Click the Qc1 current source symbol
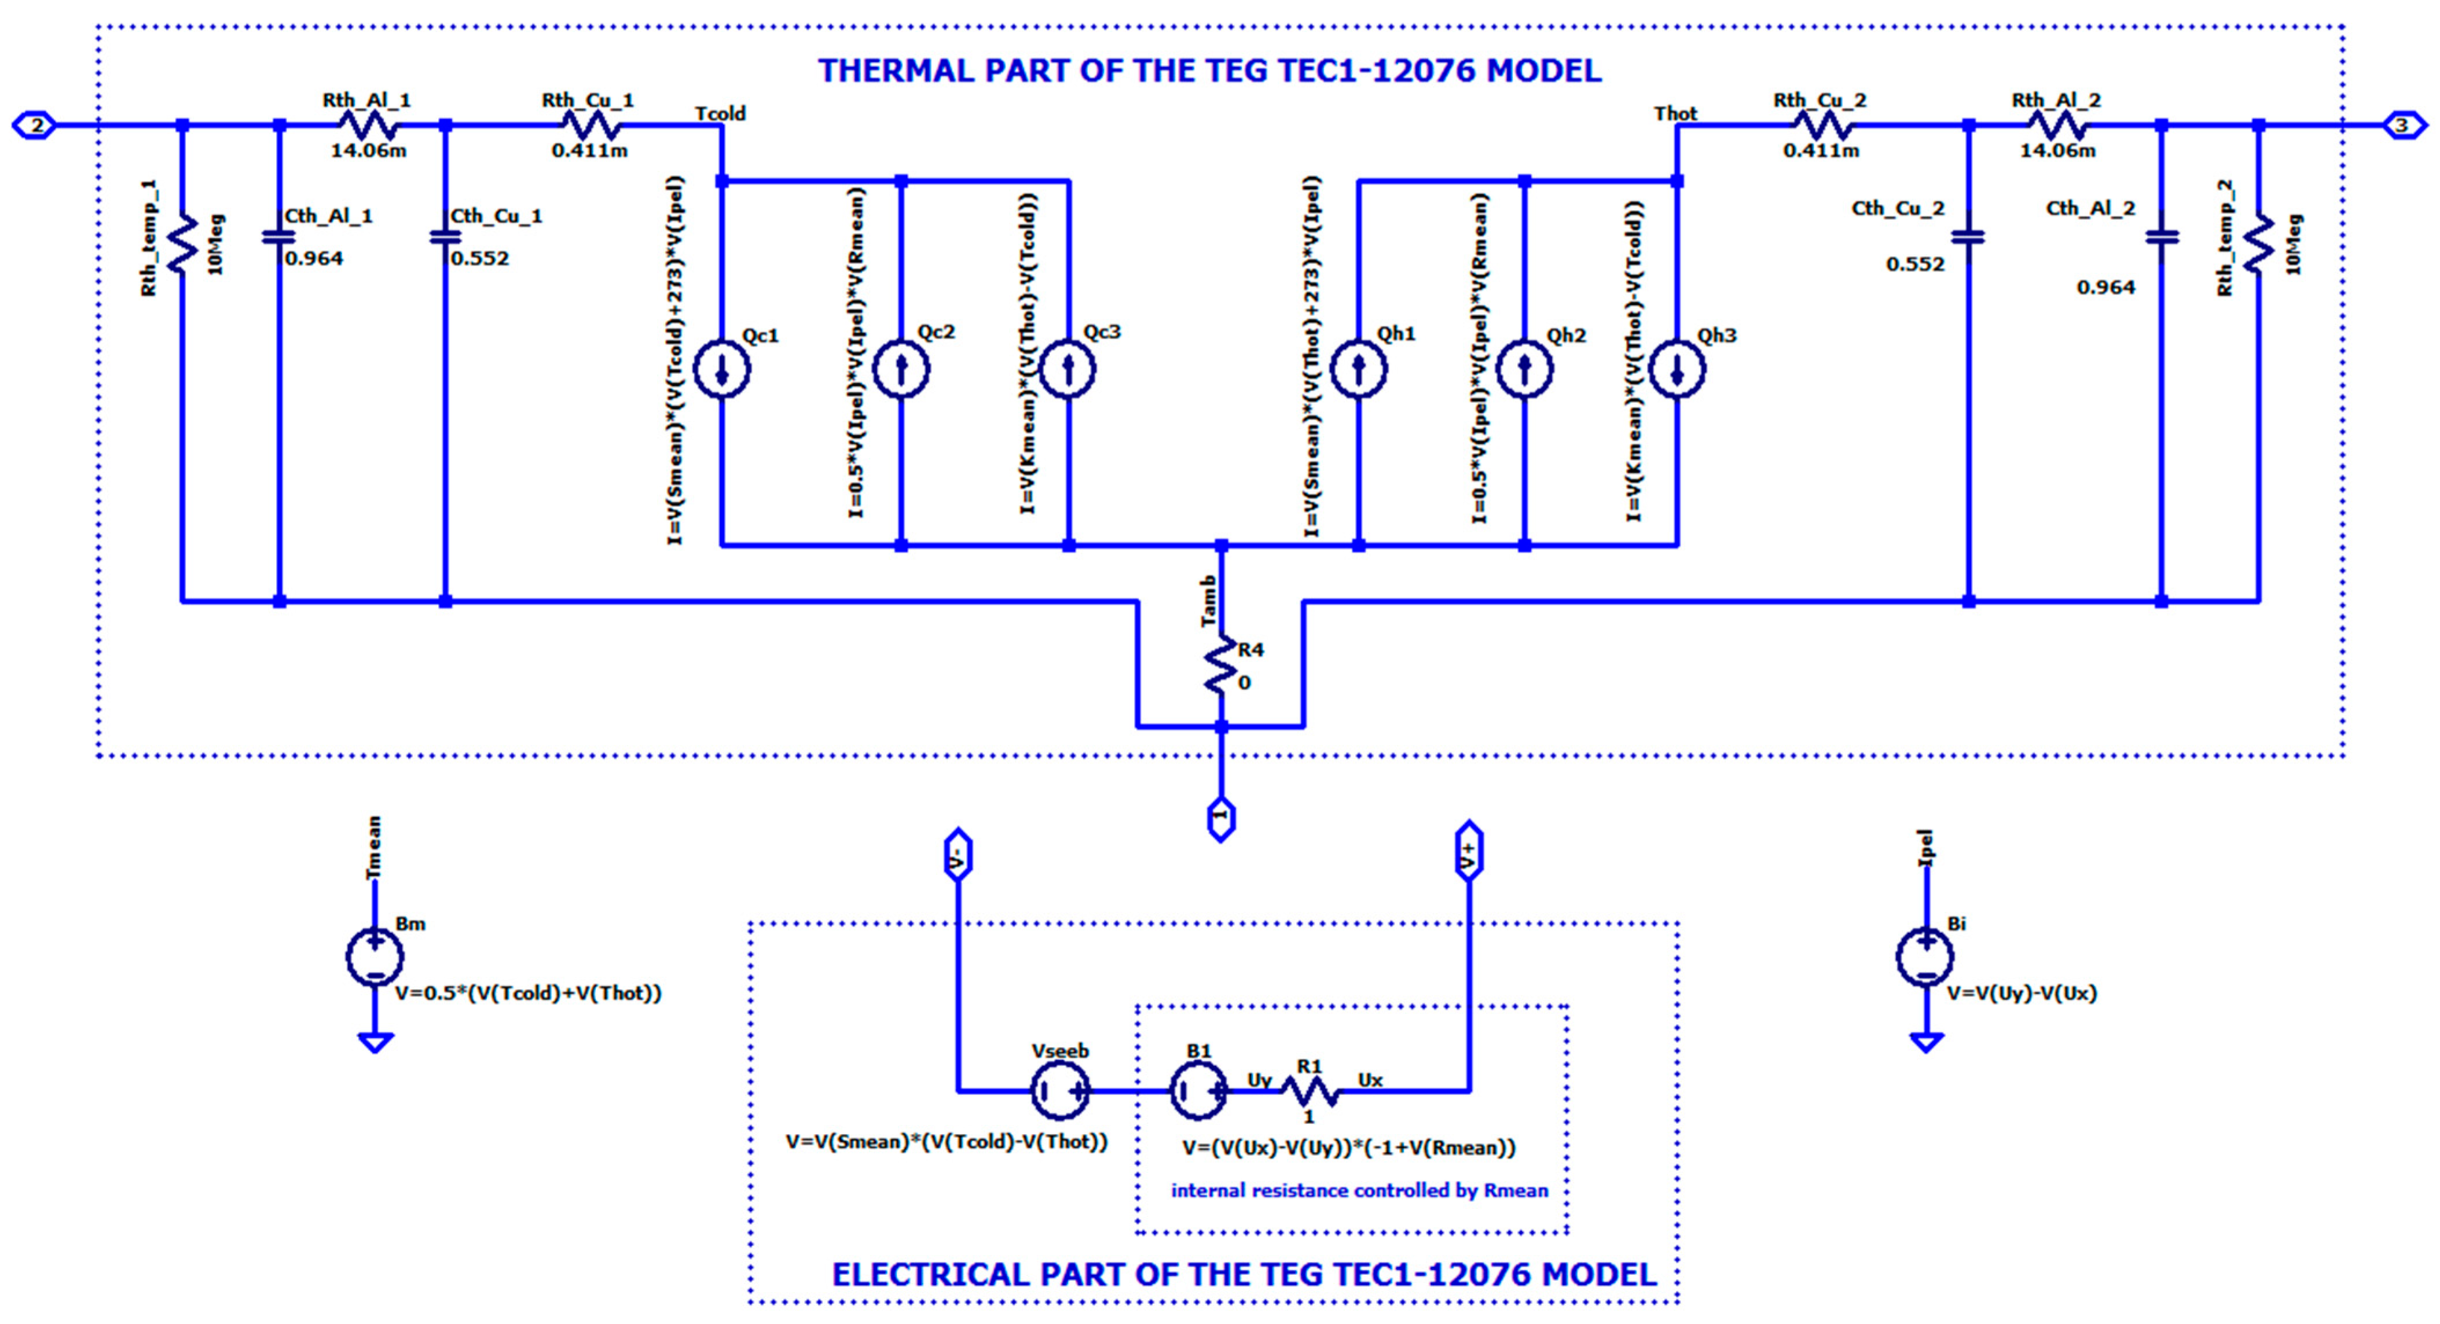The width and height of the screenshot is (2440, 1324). [722, 370]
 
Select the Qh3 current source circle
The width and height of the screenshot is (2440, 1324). [1676, 370]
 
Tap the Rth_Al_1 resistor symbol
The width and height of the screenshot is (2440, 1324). [368, 125]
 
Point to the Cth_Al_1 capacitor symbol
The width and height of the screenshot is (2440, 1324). [278, 237]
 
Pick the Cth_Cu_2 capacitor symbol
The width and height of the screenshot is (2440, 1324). [1968, 237]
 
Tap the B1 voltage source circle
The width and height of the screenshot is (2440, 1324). [1198, 1091]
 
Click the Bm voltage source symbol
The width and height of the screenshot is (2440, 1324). [375, 957]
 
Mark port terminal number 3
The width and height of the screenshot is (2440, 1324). [2403, 125]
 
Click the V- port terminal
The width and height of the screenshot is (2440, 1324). [957, 855]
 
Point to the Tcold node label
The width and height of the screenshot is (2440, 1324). [720, 113]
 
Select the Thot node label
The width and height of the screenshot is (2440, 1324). [1676, 113]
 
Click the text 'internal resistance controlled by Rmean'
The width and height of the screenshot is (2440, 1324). [1359, 1190]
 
